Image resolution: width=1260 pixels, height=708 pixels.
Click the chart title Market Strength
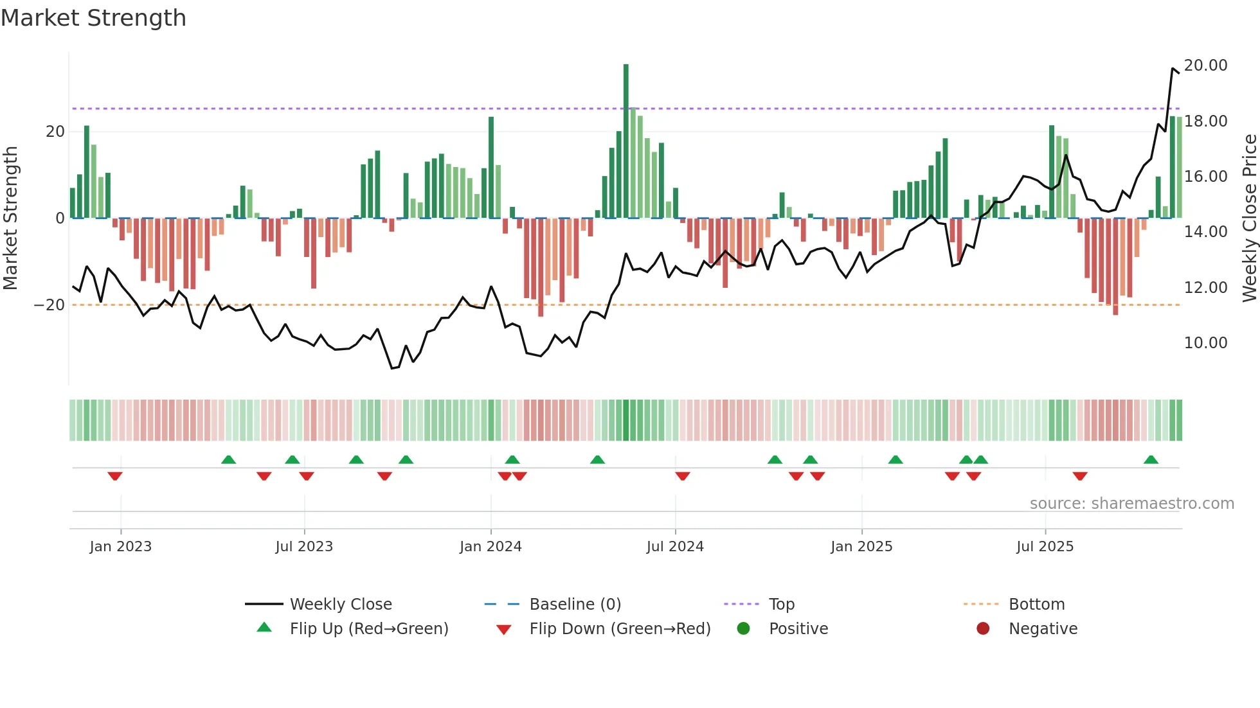click(93, 18)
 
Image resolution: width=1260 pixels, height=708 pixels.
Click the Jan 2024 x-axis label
click(491, 547)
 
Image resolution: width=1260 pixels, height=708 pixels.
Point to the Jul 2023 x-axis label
click(304, 547)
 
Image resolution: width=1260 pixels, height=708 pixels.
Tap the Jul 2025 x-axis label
click(1045, 547)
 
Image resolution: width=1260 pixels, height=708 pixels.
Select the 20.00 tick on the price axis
click(1205, 66)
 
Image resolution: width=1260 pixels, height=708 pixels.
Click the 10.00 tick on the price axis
click(1205, 343)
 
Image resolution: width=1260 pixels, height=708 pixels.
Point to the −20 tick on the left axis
click(50, 305)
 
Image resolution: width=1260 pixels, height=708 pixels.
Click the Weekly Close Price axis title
click(1249, 218)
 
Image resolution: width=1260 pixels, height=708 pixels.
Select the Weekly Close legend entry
click(340, 605)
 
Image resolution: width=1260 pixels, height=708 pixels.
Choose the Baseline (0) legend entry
click(575, 605)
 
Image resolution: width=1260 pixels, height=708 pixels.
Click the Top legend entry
click(781, 605)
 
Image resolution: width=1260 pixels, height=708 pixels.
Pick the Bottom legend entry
click(1036, 605)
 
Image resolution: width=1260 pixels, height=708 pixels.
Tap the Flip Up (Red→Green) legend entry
click(368, 629)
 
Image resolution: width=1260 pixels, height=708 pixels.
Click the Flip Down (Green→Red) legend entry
click(620, 629)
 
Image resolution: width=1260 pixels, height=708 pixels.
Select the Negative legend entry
click(1042, 629)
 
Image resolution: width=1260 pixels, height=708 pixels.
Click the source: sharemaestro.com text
click(1131, 504)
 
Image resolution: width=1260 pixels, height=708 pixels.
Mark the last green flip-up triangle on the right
click(1151, 459)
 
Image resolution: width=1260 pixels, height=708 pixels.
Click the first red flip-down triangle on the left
click(115, 476)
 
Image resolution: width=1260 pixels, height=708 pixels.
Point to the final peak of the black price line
click(1173, 68)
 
